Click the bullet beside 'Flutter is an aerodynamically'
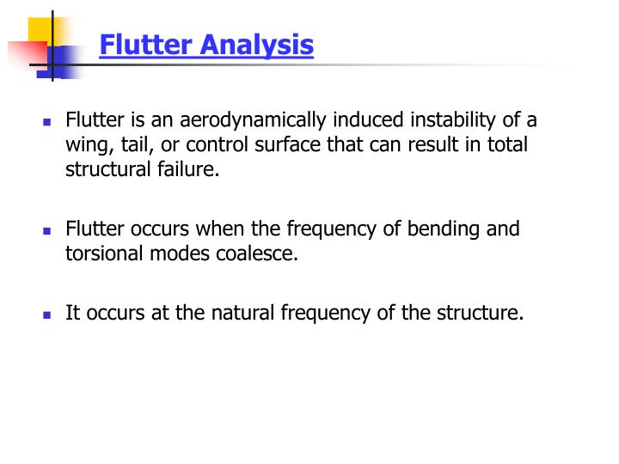pyautogui.click(x=48, y=121)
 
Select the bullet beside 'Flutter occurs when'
pyautogui.click(x=48, y=230)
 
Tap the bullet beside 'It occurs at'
pyautogui.click(x=48, y=314)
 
